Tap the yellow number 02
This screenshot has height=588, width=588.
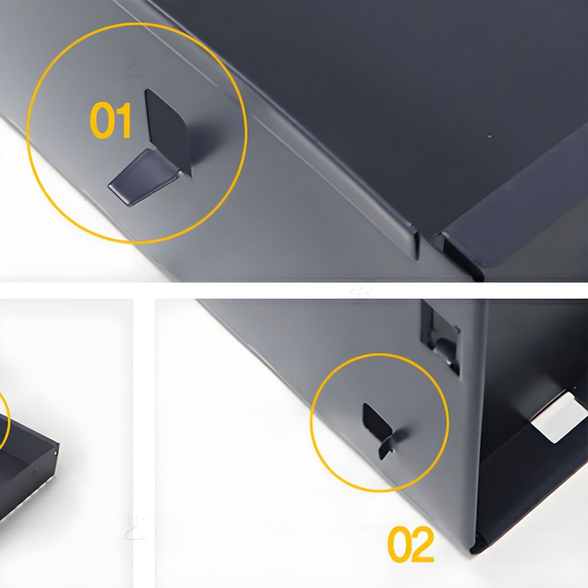(411, 545)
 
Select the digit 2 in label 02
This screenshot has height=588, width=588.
(423, 545)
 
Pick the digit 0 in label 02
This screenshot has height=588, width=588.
(399, 545)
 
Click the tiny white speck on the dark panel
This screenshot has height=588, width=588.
(489, 136)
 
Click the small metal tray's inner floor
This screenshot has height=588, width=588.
(20, 470)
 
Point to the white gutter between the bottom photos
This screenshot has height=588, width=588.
(144, 441)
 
